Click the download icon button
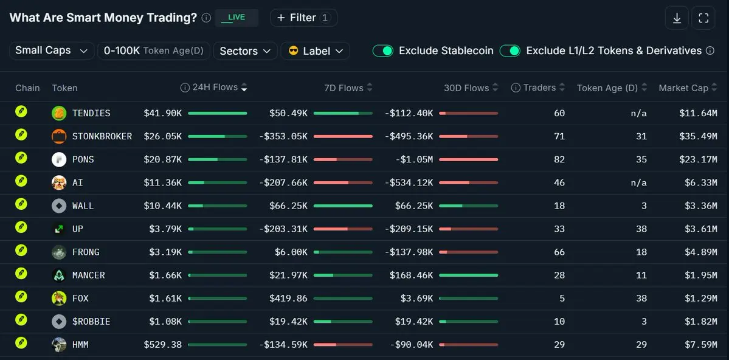tap(677, 18)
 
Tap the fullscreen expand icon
tap(703, 18)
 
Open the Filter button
tap(303, 18)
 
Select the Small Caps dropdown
tap(52, 50)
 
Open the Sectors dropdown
tap(245, 50)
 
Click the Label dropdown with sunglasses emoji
tap(315, 50)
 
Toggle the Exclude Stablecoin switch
tap(383, 50)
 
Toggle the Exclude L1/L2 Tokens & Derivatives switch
tap(510, 50)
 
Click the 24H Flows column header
tap(215, 88)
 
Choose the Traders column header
tap(538, 88)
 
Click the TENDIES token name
tap(91, 113)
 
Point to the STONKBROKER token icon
tap(59, 136)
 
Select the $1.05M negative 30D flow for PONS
tap(415, 159)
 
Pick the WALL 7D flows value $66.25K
tap(288, 206)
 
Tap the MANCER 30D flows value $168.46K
tap(411, 275)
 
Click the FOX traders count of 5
tap(562, 299)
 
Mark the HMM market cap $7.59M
tap(700, 345)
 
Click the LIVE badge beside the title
tap(237, 18)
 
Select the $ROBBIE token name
tap(91, 322)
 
